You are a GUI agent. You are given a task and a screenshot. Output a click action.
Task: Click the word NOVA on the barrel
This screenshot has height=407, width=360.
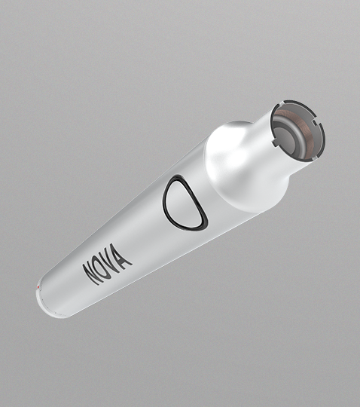[108, 264]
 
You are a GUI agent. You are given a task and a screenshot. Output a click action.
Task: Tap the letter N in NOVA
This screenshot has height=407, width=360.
[93, 274]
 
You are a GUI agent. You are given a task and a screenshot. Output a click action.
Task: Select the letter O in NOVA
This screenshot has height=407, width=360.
[103, 268]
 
